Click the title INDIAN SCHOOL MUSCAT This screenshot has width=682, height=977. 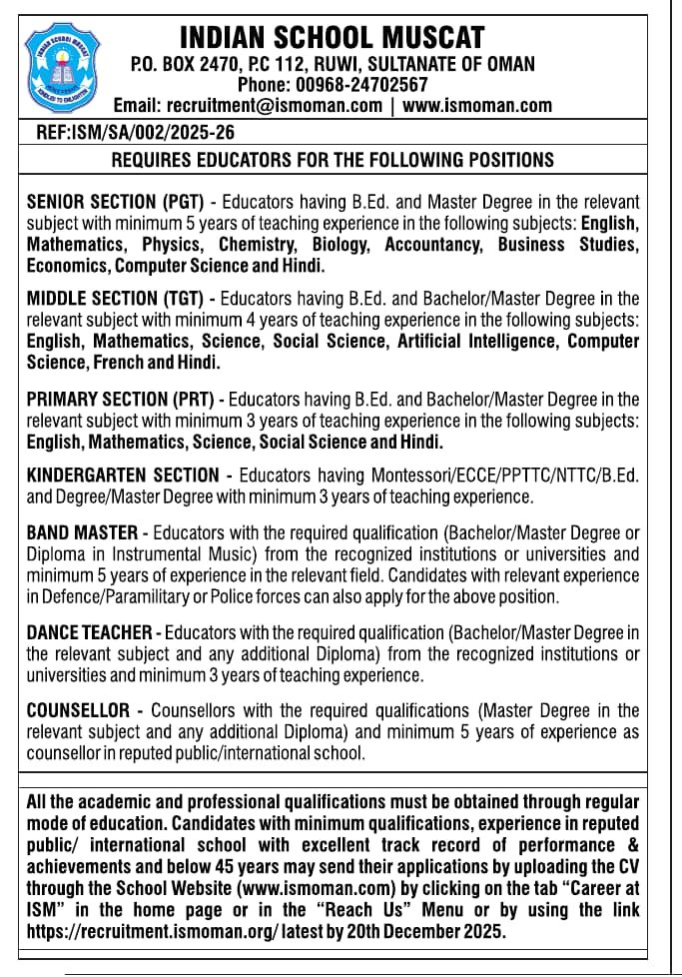click(x=332, y=39)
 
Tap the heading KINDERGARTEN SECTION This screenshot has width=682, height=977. click(x=122, y=475)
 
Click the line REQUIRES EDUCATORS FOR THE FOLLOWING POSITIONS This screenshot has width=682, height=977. click(x=332, y=160)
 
